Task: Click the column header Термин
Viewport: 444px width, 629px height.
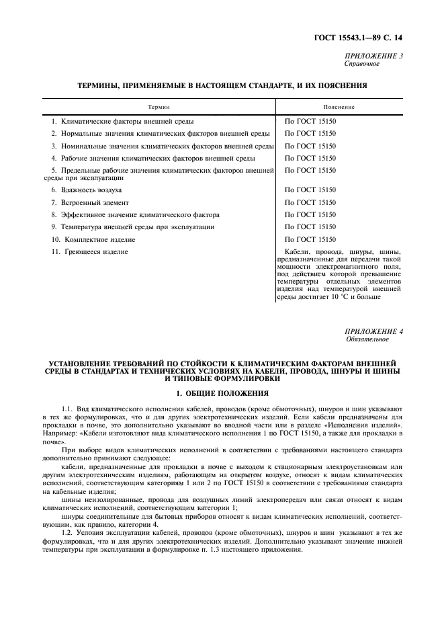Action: pos(159,107)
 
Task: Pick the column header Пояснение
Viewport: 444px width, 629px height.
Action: pos(339,107)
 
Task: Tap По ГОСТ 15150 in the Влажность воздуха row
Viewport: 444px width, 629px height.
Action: pos(310,190)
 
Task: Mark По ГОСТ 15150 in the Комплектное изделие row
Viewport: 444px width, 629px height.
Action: pos(310,239)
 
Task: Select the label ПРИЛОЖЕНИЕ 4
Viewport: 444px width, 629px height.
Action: pos(374,331)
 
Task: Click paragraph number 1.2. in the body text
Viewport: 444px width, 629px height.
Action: pos(67,531)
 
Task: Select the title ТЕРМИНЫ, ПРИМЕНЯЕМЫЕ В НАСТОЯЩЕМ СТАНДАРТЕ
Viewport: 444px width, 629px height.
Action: pos(222,86)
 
